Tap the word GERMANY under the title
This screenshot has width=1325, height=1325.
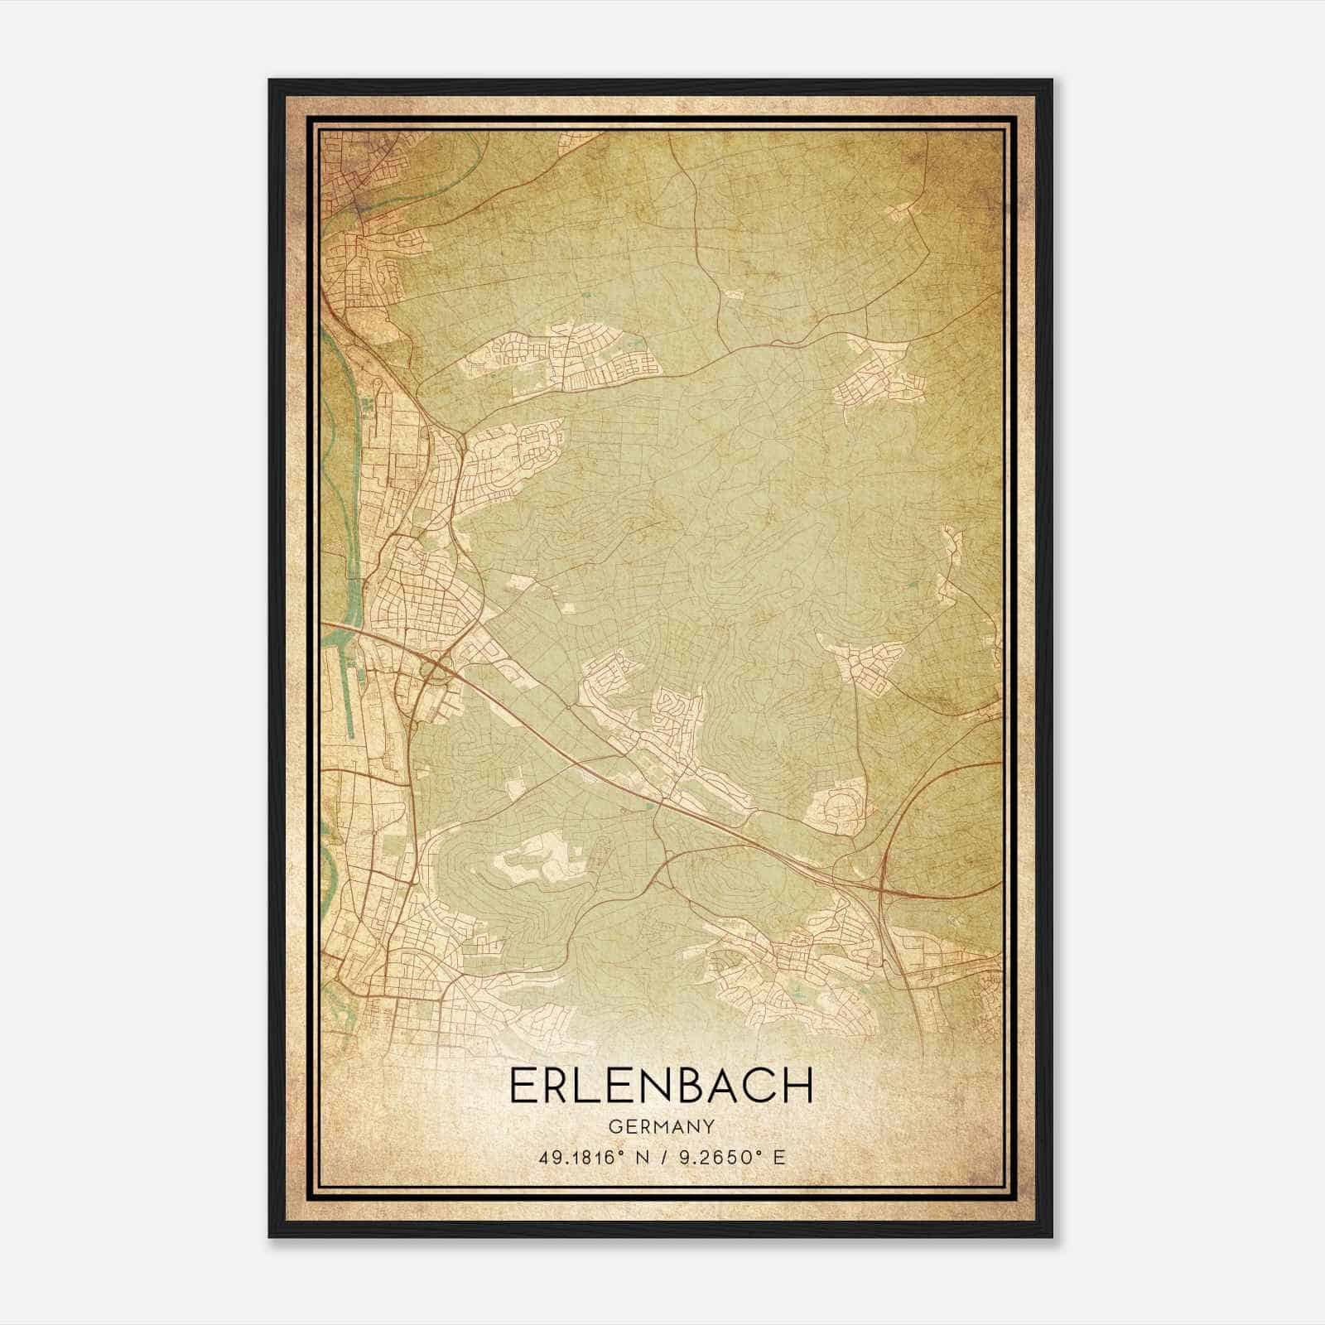click(x=661, y=1127)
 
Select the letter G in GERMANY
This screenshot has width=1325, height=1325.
click(x=613, y=1127)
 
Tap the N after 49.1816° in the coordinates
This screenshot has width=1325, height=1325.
click(x=642, y=1157)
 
